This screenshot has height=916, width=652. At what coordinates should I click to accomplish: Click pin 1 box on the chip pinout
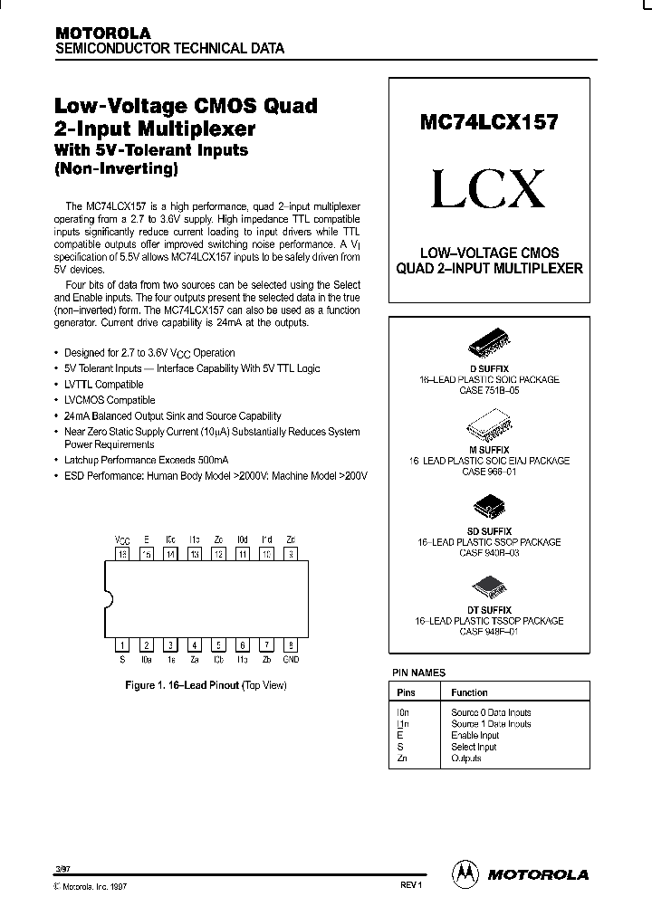point(121,645)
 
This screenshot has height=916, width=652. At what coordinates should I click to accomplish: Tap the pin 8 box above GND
point(290,645)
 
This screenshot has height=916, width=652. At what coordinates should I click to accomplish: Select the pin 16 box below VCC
point(121,554)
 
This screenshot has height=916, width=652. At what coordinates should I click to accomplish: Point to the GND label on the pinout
point(290,660)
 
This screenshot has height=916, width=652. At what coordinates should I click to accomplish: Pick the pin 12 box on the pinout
point(218,554)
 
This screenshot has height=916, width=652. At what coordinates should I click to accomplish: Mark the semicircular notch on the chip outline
point(110,599)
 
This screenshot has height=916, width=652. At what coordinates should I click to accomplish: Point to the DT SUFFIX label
point(489,610)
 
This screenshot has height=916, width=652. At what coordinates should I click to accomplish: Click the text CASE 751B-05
point(489,391)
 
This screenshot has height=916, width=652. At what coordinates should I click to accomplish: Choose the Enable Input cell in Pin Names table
point(475,736)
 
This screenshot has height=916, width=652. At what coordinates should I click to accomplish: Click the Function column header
point(469,692)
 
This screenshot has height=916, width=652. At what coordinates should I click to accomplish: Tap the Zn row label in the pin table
point(402,759)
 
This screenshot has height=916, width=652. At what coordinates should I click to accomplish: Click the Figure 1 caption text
point(205,685)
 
